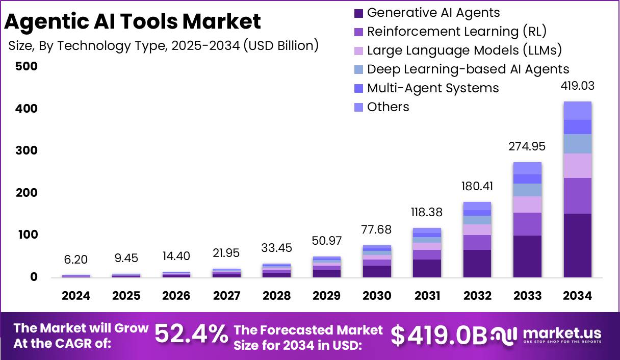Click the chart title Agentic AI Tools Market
(x=133, y=21)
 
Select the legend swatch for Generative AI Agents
(x=358, y=13)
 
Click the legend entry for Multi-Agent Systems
(x=432, y=88)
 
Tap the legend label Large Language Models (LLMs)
(x=464, y=50)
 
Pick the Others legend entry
(x=387, y=107)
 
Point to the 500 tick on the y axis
(x=27, y=66)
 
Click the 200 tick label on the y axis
(x=27, y=193)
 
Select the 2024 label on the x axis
(x=76, y=296)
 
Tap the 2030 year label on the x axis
(x=377, y=296)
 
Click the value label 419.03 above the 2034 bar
(x=577, y=86)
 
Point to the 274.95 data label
(x=527, y=147)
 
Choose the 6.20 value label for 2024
(x=76, y=260)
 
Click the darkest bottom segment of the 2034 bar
(x=577, y=245)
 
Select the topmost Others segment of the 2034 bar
(x=577, y=111)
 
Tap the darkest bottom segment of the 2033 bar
(x=527, y=256)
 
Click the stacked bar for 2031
(x=427, y=253)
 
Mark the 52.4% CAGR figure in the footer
(x=191, y=335)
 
